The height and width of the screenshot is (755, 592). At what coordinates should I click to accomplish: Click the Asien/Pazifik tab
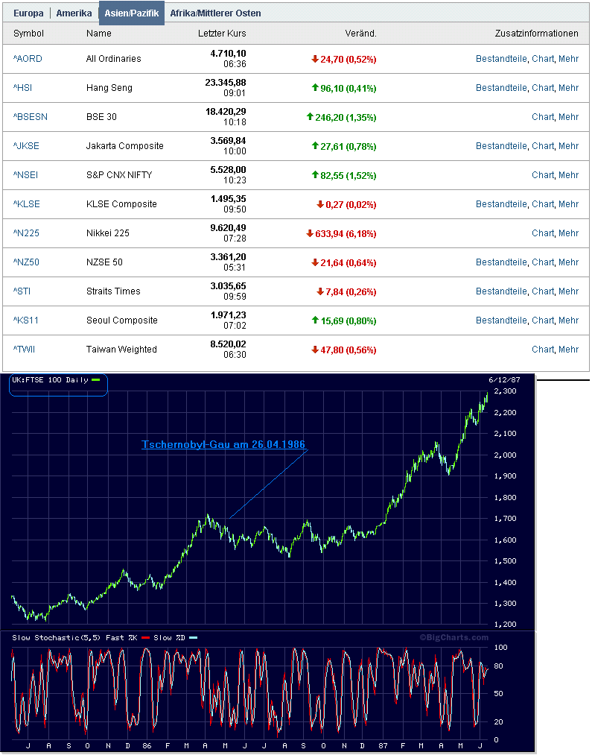click(131, 13)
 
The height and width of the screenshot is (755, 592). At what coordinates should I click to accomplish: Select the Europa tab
click(28, 13)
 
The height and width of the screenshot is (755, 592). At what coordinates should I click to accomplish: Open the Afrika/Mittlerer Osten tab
click(215, 13)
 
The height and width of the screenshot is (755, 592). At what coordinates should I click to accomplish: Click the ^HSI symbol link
click(22, 88)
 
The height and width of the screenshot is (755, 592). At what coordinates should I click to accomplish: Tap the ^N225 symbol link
click(26, 233)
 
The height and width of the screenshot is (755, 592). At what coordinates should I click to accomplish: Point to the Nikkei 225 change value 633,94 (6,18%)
click(346, 233)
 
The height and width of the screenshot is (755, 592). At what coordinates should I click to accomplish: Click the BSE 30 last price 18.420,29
click(226, 111)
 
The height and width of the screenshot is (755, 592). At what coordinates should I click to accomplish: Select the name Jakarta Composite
click(124, 146)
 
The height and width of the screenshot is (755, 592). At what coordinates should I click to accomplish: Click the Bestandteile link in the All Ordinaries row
click(501, 59)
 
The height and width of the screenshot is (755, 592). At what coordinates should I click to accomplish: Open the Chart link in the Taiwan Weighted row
click(542, 350)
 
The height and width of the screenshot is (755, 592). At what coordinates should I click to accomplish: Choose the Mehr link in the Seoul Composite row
click(568, 320)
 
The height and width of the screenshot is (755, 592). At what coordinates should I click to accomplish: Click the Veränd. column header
click(360, 34)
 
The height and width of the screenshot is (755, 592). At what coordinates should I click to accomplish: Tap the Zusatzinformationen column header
click(537, 34)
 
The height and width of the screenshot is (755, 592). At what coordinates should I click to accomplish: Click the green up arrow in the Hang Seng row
click(315, 87)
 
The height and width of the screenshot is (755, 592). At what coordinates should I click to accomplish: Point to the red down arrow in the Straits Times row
click(320, 291)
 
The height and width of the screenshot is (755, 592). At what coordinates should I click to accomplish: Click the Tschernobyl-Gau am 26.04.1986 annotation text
click(223, 444)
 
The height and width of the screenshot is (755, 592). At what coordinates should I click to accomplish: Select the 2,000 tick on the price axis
click(505, 455)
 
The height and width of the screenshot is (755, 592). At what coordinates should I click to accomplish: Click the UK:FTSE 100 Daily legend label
click(50, 380)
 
